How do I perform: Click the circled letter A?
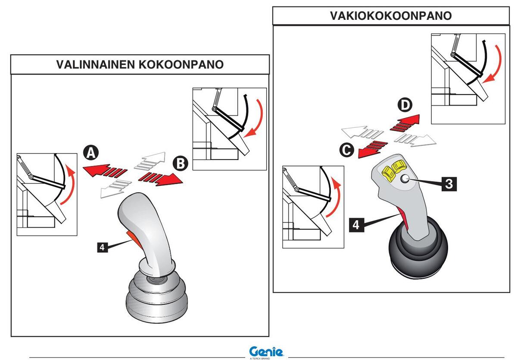pos(91,153)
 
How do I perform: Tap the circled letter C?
pos(348,150)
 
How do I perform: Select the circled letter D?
pos(405,105)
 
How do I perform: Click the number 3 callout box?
pos(448,184)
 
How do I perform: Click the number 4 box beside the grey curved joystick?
pos(102,247)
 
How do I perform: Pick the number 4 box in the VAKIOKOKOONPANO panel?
pos(355,225)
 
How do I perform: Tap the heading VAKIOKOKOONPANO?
pos(391,16)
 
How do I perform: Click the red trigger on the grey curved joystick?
pos(131,238)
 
